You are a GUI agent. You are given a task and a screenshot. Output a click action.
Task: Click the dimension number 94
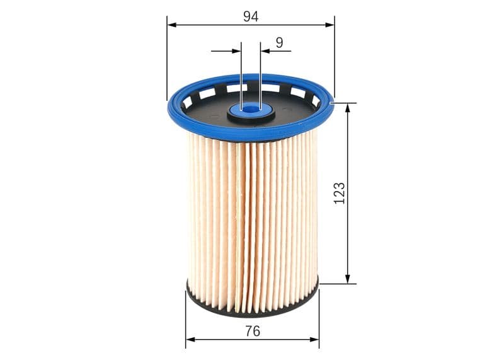coord(251,16)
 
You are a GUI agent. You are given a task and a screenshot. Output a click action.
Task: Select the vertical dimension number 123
coord(340,193)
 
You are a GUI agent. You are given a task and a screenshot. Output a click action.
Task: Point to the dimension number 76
coord(252,330)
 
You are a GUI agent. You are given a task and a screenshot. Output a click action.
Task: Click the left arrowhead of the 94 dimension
coord(171,25)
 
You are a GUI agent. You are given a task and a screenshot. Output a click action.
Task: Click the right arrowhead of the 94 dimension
coord(330,25)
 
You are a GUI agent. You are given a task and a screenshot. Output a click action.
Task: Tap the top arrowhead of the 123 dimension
coord(347,107)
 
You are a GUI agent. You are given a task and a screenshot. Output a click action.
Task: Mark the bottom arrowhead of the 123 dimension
coord(347,279)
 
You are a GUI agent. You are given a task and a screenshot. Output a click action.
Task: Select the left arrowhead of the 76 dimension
coord(190,339)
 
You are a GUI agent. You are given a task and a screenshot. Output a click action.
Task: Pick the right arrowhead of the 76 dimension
coord(315,339)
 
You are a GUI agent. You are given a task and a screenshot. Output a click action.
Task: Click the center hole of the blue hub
coord(251,109)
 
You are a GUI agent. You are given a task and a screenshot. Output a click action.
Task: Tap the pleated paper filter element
coord(252,221)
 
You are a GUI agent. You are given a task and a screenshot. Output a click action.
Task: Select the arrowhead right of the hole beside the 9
coord(265,50)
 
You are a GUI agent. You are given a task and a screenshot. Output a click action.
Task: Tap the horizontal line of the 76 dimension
coord(220,339)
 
